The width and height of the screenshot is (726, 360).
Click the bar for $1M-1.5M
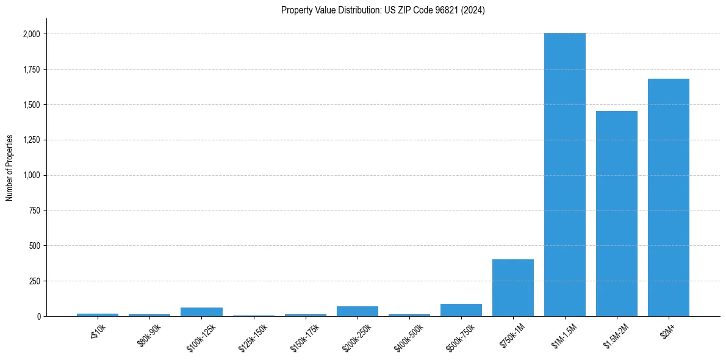pyautogui.click(x=565, y=175)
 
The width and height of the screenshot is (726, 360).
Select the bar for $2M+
pyautogui.click(x=669, y=198)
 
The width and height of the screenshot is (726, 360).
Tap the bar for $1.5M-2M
pyautogui.click(x=617, y=214)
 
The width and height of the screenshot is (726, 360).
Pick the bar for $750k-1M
pyautogui.click(x=513, y=288)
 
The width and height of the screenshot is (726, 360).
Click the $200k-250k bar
pyautogui.click(x=358, y=311)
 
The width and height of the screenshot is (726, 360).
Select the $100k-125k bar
pyautogui.click(x=202, y=312)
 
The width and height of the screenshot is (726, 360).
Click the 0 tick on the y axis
pyautogui.click(x=38, y=317)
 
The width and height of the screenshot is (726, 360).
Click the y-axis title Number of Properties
pyautogui.click(x=9, y=168)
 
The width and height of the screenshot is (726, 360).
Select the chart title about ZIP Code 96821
pyautogui.click(x=383, y=10)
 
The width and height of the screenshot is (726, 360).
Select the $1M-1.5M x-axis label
pyautogui.click(x=564, y=334)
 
